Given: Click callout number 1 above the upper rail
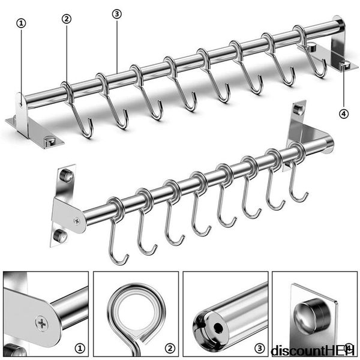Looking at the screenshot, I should click(22, 23).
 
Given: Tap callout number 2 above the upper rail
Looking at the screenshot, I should click(67, 19).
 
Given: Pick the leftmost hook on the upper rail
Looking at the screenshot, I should click(77, 114).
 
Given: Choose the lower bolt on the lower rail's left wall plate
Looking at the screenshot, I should click(60, 236).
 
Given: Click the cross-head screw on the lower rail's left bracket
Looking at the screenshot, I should click(77, 220).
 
